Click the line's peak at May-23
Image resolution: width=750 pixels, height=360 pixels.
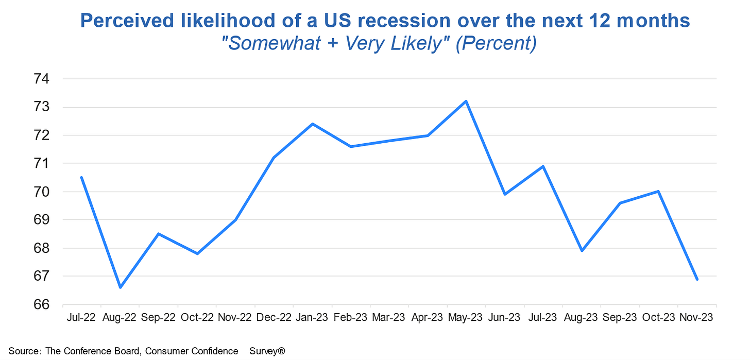tap(466, 101)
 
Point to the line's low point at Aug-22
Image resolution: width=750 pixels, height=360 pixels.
tap(120, 287)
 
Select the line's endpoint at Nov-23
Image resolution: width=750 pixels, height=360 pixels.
tap(697, 279)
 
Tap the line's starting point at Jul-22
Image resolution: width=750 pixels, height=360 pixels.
tap(81, 178)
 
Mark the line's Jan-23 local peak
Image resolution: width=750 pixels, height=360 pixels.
tap(312, 124)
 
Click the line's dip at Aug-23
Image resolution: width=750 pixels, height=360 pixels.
tap(582, 251)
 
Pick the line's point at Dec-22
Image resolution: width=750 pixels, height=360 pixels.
tap(274, 158)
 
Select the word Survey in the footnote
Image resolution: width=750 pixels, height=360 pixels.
tap(265, 351)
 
